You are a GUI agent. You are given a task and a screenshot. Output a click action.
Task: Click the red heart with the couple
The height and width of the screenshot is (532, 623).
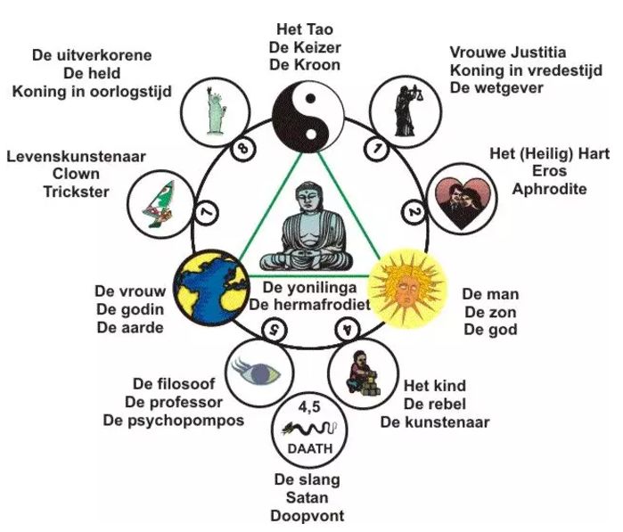tap(456, 202)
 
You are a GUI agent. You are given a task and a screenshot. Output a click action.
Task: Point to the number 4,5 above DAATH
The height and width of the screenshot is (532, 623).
tap(307, 411)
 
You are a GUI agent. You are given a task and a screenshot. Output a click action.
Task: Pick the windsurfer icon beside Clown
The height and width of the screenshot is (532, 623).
tap(159, 202)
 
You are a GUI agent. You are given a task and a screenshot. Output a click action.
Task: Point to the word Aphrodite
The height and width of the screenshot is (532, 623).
tap(549, 189)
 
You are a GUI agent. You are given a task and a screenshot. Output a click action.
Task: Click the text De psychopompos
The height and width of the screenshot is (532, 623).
tap(173, 420)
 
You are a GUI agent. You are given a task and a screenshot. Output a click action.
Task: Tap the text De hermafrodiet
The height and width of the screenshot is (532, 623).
tap(307, 305)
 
